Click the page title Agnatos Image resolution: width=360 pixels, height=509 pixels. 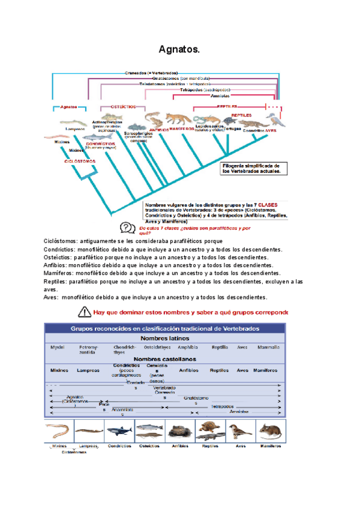pos(179,49)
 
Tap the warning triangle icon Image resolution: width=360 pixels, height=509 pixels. pos(83,312)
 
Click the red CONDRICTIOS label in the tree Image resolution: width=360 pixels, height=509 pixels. pos(97,143)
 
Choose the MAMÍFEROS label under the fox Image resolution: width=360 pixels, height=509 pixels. pos(181,129)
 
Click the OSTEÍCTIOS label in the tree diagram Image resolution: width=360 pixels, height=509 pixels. pos(124,106)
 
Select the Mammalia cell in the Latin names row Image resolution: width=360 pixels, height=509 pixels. pos(268,348)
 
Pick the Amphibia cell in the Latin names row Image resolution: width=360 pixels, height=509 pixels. pos(188,348)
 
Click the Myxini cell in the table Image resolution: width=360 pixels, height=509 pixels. pos(58,348)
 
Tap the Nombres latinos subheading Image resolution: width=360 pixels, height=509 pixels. pos(164,338)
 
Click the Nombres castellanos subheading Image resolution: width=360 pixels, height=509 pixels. pos(164,359)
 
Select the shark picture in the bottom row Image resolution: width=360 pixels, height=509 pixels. pos(119,430)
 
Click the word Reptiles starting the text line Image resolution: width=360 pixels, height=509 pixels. pos(55,281)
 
